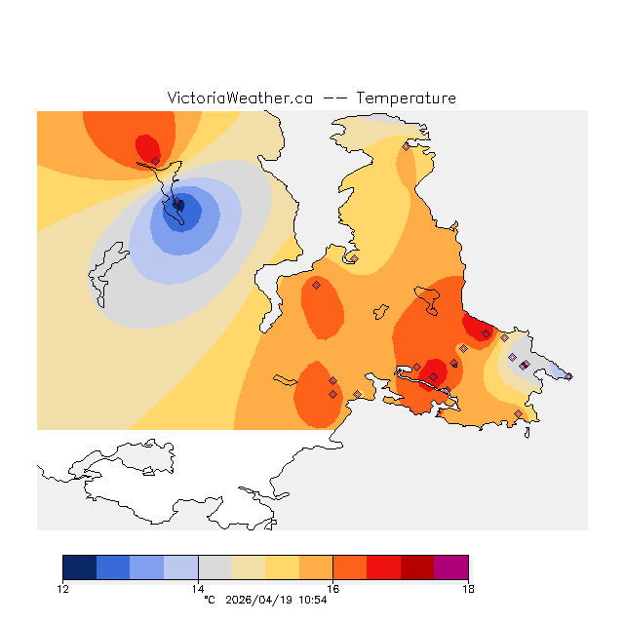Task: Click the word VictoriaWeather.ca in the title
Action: click(x=240, y=98)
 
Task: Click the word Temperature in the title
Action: click(x=406, y=98)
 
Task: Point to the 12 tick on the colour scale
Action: click(x=63, y=589)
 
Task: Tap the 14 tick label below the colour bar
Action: click(x=198, y=589)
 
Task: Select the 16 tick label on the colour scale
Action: click(x=332, y=589)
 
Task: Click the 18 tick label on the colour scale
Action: click(x=468, y=589)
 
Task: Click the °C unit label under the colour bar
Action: click(x=209, y=600)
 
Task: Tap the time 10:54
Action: click(x=311, y=600)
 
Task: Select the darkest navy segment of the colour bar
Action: click(x=80, y=567)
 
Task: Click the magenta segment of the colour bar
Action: click(x=450, y=567)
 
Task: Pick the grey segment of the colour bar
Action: click(x=214, y=567)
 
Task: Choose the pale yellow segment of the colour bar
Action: click(x=282, y=567)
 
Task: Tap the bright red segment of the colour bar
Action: click(x=383, y=567)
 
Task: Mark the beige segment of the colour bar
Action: click(x=249, y=567)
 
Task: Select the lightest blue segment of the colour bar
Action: click(x=181, y=567)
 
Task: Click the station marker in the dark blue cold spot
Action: click(x=178, y=205)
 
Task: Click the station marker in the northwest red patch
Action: click(x=155, y=161)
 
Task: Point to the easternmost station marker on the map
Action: click(x=568, y=376)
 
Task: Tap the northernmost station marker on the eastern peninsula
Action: click(x=406, y=146)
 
